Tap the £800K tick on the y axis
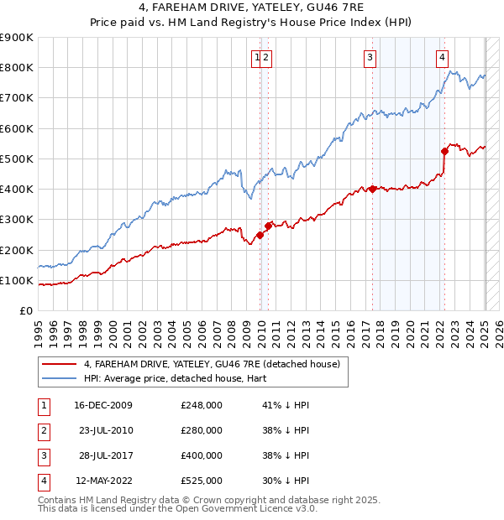(x=17, y=67)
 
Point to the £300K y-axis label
(x=17, y=219)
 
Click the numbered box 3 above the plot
(x=370, y=58)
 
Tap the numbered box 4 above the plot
(x=441, y=58)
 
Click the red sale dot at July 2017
(x=372, y=189)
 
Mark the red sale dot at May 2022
(x=444, y=151)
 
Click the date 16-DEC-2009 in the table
(x=103, y=405)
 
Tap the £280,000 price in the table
(x=202, y=430)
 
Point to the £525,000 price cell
(x=202, y=481)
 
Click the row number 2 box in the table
(x=40, y=430)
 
